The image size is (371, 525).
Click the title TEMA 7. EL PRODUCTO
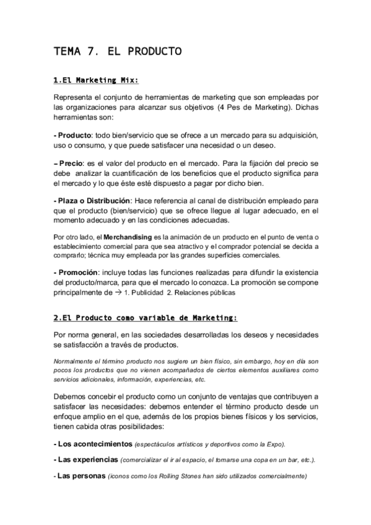tap(118, 51)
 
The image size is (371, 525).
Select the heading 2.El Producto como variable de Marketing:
tap(146, 318)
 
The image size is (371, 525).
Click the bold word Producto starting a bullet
tap(74, 135)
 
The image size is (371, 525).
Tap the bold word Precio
tap(71, 163)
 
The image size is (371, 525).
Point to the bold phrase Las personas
tap(81, 477)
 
